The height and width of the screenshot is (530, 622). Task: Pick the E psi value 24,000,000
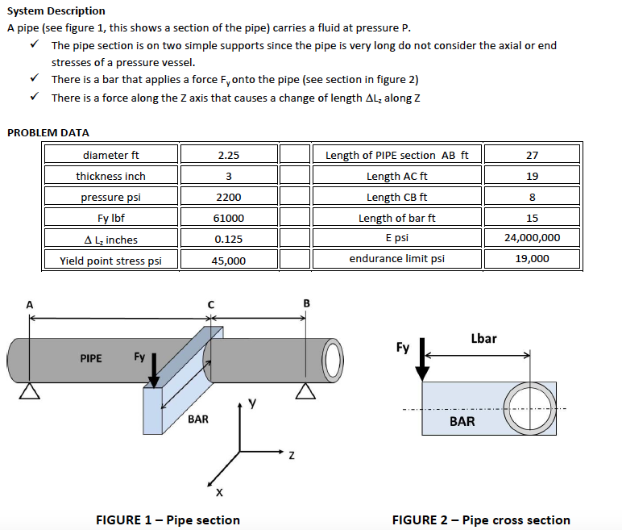pyautogui.click(x=531, y=238)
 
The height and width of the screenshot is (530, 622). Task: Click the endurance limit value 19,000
pyautogui.click(x=531, y=259)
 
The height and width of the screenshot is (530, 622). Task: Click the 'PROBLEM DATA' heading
pyautogui.click(x=48, y=132)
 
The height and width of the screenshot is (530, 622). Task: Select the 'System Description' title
pyautogui.click(x=56, y=10)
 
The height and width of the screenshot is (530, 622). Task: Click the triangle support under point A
pyautogui.click(x=30, y=390)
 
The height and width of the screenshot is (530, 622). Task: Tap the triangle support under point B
pyautogui.click(x=304, y=390)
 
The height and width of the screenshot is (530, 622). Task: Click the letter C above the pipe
pyautogui.click(x=210, y=304)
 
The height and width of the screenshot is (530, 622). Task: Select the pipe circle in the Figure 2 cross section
pyautogui.click(x=530, y=401)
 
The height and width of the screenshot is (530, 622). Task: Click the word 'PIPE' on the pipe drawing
pyautogui.click(x=91, y=358)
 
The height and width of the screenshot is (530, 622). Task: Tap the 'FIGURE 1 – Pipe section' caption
pyautogui.click(x=168, y=520)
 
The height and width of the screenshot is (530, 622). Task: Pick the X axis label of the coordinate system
pyautogui.click(x=218, y=491)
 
